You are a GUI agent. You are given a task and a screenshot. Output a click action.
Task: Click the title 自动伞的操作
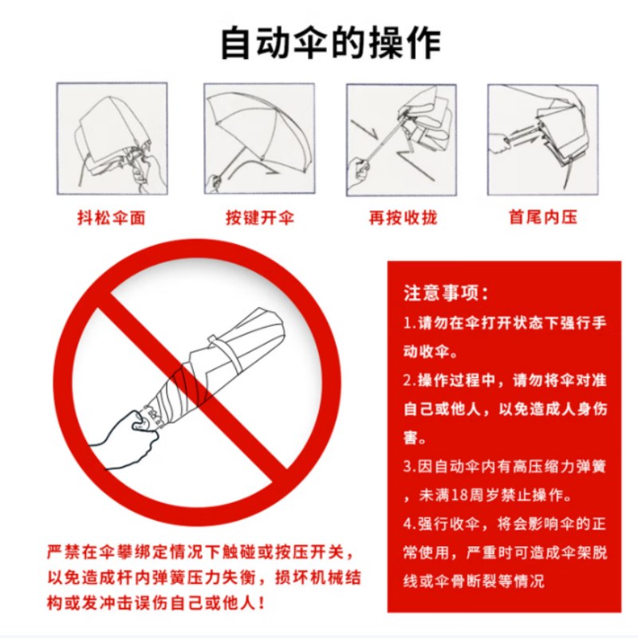pyautogui.click(x=329, y=43)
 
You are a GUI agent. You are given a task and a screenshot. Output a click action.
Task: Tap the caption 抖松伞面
pyautogui.click(x=111, y=218)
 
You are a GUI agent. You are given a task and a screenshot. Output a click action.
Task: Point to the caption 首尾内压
pyautogui.click(x=542, y=218)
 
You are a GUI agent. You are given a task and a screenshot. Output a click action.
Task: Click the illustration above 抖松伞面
pyautogui.click(x=112, y=139)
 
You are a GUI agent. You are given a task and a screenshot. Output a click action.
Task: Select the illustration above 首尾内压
pyautogui.click(x=542, y=139)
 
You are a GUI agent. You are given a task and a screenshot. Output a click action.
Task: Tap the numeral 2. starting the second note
pyautogui.click(x=409, y=380)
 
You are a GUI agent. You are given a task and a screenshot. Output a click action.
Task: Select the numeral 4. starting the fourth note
pyautogui.click(x=409, y=524)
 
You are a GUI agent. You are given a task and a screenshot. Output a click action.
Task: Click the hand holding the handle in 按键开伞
pyautogui.click(x=214, y=183)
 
